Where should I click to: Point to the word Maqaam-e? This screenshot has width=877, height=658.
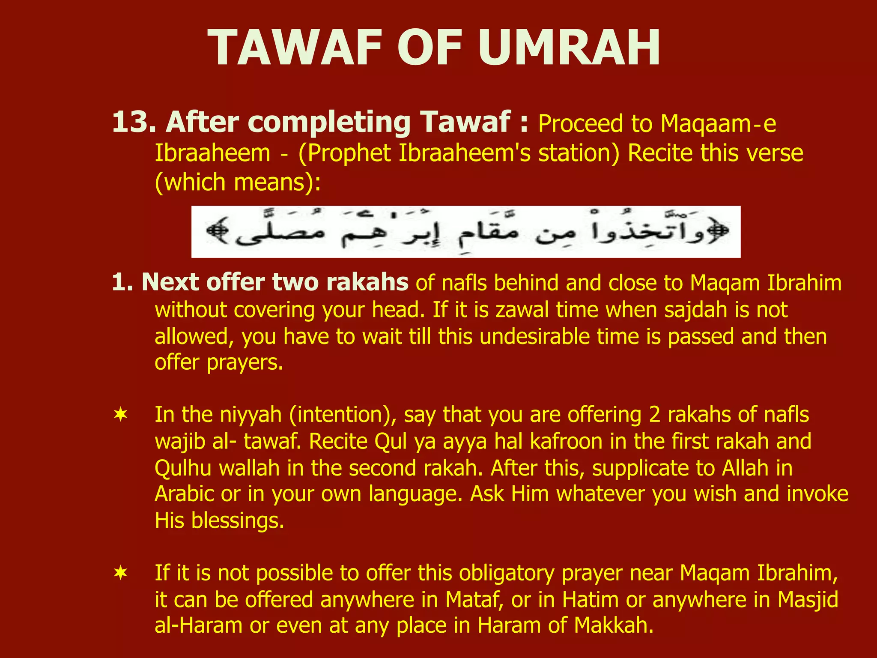718,124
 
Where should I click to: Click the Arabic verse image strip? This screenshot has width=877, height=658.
465,232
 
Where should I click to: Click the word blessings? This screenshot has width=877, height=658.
237,521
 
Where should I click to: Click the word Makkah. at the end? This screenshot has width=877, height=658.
614,626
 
